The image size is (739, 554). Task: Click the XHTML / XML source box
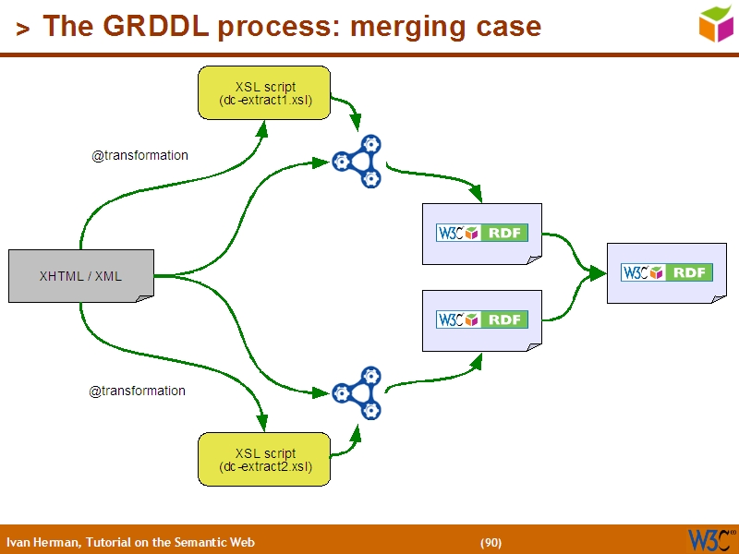(80, 275)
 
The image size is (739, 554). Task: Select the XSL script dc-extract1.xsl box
(265, 93)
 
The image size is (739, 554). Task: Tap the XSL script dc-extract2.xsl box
(265, 459)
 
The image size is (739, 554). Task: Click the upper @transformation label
(139, 155)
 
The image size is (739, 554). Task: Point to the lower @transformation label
(137, 391)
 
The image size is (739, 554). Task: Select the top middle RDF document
(481, 234)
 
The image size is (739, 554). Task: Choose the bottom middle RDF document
(481, 319)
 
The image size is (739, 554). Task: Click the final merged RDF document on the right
(666, 272)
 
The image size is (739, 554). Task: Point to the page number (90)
(491, 542)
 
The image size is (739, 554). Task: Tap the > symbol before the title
(23, 29)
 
